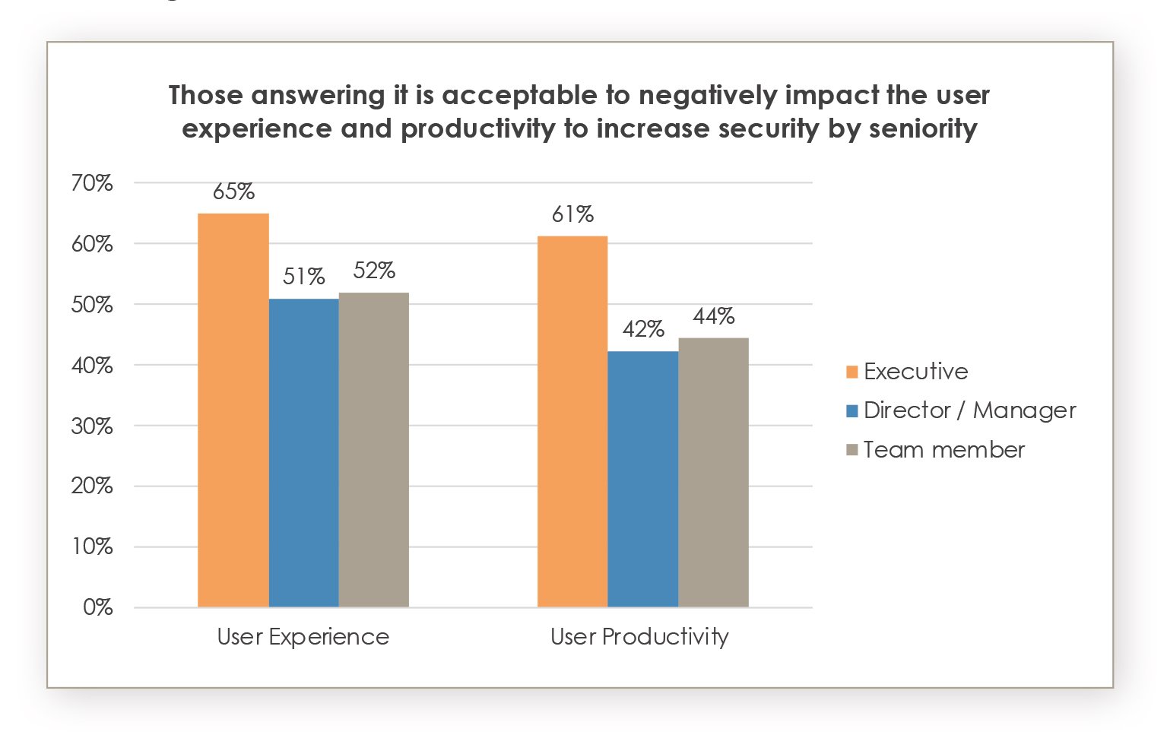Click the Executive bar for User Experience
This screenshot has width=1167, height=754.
(x=233, y=410)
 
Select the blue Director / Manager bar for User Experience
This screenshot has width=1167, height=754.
(x=304, y=453)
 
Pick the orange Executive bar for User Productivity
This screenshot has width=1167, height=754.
(x=572, y=422)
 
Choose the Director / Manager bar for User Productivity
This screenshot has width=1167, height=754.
(x=643, y=479)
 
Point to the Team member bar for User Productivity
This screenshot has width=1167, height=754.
(x=713, y=472)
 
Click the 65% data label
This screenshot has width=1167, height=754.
(x=233, y=192)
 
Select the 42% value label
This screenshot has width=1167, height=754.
(x=643, y=329)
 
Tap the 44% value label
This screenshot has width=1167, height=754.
(x=713, y=316)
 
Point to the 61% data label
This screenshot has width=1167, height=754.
(x=572, y=215)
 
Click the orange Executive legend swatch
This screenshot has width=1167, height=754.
(x=852, y=372)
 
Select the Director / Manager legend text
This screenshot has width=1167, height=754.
(x=970, y=410)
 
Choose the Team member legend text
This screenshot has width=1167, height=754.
(x=944, y=450)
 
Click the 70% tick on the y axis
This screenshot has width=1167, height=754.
(x=92, y=183)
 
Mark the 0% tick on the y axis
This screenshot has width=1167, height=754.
(x=98, y=607)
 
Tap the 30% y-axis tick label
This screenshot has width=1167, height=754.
(x=92, y=426)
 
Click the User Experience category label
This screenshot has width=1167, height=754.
(x=303, y=637)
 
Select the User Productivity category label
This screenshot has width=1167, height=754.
(x=639, y=637)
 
